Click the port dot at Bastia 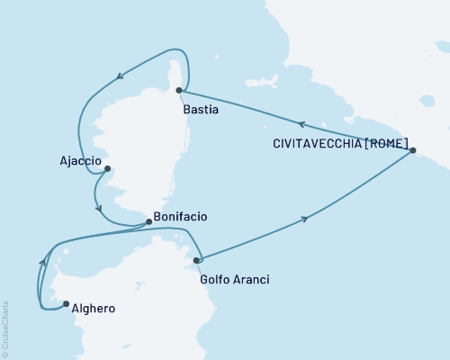click(x=180, y=90)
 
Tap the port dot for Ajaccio click(x=107, y=168)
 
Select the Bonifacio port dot click(x=148, y=222)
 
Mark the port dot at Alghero click(x=66, y=303)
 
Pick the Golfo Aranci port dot click(x=197, y=260)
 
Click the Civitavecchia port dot click(x=413, y=151)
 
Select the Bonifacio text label click(x=182, y=217)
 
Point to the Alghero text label click(x=92, y=309)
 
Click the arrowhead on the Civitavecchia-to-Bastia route click(x=303, y=125)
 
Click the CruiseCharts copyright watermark click(x=5, y=329)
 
